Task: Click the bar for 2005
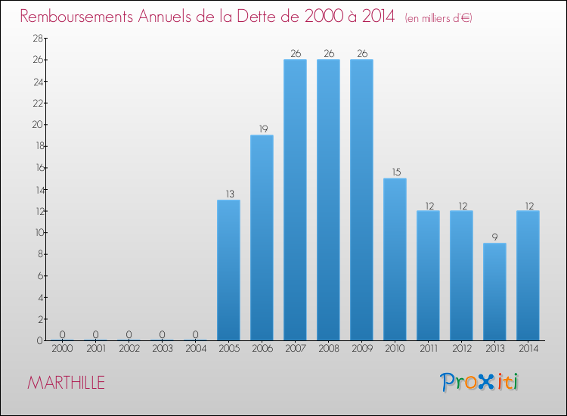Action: tap(228, 270)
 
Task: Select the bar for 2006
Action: tap(262, 237)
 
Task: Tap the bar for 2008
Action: tap(328, 200)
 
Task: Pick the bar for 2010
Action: tap(395, 259)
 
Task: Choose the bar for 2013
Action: tap(494, 292)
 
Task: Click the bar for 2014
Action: tap(528, 275)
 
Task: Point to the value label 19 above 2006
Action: tap(262, 129)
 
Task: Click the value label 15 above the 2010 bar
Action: tap(395, 172)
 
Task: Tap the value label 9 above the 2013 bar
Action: tap(494, 237)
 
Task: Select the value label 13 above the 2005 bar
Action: tap(228, 194)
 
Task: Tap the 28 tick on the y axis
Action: tap(36, 38)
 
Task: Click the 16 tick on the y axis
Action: tap(36, 168)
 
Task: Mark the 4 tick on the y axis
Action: tap(39, 297)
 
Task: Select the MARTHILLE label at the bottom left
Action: tap(66, 383)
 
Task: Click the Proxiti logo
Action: tap(480, 382)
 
